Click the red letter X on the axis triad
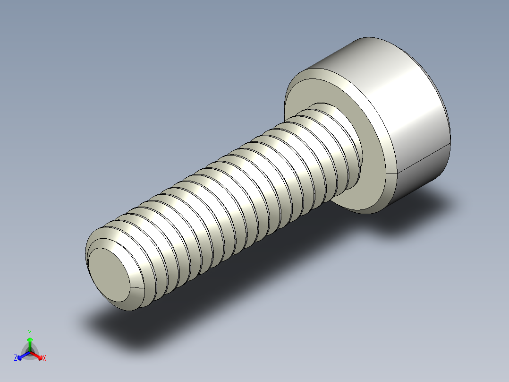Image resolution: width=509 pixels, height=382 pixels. pos(44,358)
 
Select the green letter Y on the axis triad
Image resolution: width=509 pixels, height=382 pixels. pos(30,332)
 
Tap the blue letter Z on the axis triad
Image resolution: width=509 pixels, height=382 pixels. pos(16,358)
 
